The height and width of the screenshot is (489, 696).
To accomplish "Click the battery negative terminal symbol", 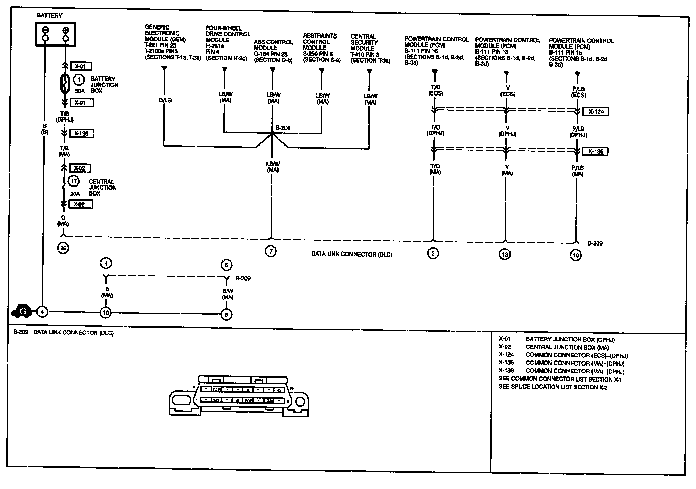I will click(45, 30).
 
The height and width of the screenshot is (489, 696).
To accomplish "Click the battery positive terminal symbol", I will click(66, 30).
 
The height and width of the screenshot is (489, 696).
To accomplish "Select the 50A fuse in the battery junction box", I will click(64, 84).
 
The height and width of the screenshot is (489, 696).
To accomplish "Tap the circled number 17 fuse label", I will click(74, 181).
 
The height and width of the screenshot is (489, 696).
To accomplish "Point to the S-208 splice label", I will click(283, 128).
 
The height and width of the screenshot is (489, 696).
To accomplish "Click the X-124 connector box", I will click(596, 111).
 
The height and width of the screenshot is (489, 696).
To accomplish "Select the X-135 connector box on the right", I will click(596, 151).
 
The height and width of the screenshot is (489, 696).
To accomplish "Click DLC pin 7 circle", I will click(271, 251).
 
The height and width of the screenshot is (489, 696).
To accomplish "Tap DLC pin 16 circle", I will click(63, 248).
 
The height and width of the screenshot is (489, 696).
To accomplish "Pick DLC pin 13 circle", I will click(505, 254).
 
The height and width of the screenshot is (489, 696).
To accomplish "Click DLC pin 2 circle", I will click(433, 254).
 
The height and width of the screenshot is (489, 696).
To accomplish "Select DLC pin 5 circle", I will click(226, 265).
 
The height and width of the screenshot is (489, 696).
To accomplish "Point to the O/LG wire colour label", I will click(165, 100).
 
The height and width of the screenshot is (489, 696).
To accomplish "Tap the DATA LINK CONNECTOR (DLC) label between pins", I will click(351, 255).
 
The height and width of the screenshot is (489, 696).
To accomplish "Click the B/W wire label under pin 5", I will click(228, 294).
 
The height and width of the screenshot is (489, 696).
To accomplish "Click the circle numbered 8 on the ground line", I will click(226, 315).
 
